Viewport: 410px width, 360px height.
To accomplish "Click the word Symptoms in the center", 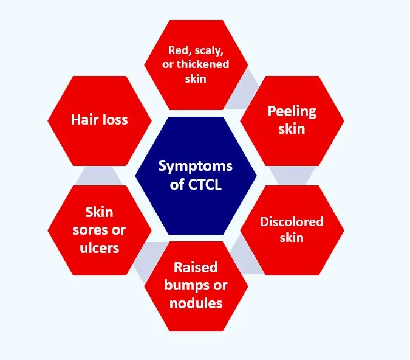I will pos(196,165).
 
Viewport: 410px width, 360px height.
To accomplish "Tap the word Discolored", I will pos(292,221).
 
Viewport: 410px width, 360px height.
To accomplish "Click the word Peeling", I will pos(292,111).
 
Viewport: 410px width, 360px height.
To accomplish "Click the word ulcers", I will pos(99,248).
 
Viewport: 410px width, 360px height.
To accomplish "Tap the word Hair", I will pos(84,119).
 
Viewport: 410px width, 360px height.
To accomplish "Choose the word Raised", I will pos(196,268).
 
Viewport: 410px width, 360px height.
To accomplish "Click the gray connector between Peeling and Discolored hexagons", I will pos(285,176).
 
